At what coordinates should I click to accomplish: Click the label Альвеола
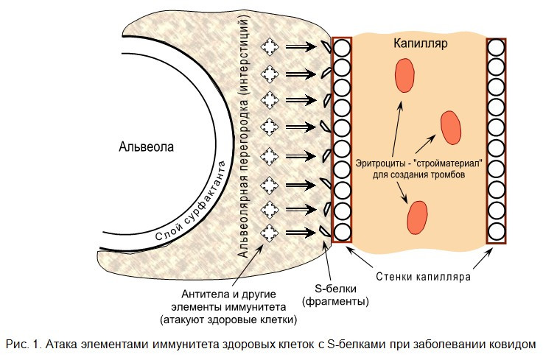147,147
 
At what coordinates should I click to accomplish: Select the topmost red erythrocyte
404,76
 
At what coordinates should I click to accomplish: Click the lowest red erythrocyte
418,217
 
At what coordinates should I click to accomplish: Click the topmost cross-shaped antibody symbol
270,48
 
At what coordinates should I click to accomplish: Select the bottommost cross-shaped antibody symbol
270,233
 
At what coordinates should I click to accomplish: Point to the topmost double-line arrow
301,48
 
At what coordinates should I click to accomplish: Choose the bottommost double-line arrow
301,233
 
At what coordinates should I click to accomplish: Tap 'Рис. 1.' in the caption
22,344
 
